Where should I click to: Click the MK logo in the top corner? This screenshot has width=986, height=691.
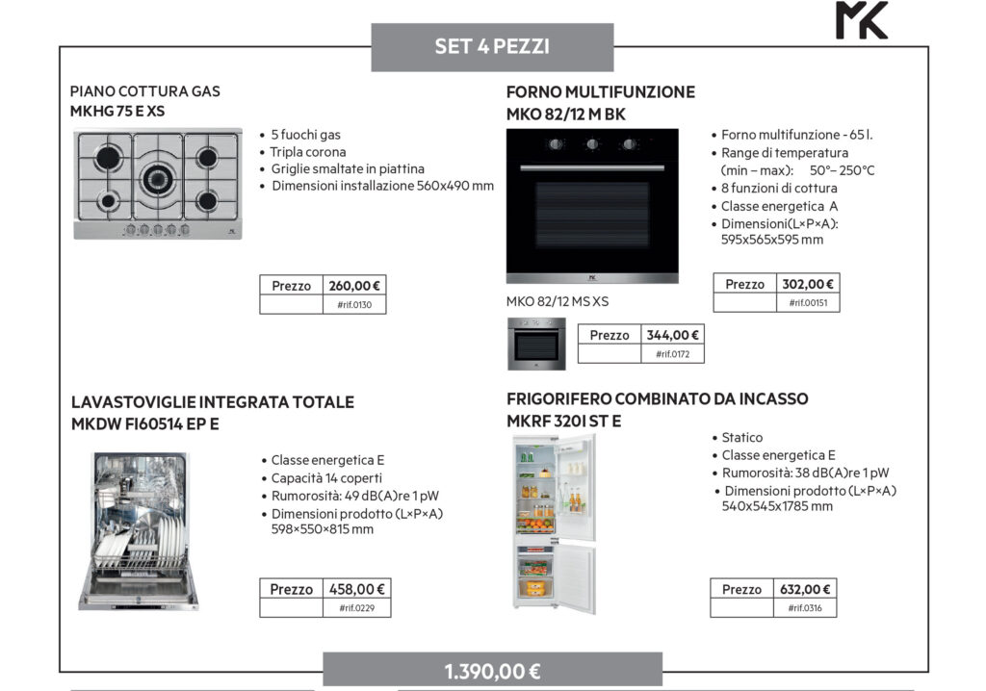(862, 20)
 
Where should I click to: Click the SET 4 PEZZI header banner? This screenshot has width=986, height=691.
(492, 46)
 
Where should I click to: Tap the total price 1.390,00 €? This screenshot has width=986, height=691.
(492, 671)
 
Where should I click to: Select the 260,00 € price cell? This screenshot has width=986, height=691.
(354, 286)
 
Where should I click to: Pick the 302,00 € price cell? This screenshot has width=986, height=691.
(808, 284)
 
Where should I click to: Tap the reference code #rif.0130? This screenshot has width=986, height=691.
(355, 305)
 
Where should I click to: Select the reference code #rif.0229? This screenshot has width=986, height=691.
(355, 608)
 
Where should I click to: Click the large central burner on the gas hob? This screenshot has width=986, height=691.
(157, 178)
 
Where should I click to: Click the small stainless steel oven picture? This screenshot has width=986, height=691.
(537, 343)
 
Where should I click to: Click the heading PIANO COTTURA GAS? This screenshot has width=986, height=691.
(144, 91)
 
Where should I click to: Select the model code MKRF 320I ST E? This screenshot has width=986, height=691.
(563, 421)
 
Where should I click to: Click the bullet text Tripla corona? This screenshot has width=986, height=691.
(307, 152)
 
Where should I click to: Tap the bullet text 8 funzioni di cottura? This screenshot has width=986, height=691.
(779, 188)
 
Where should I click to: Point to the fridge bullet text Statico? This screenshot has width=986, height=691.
(741, 438)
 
